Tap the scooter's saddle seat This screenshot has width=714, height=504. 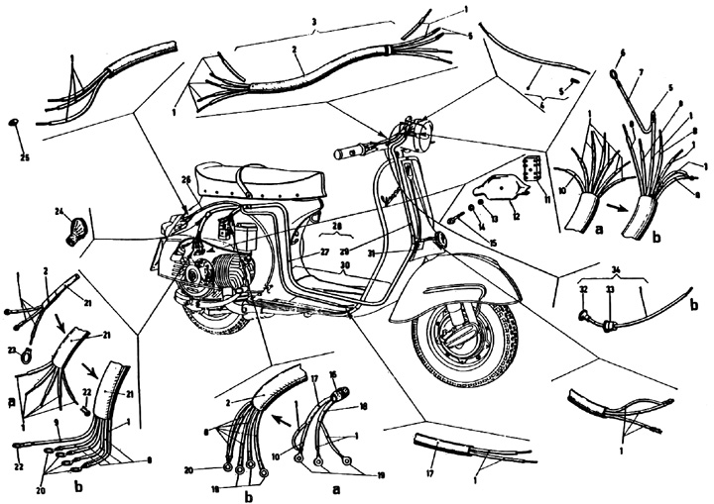tap(254, 178)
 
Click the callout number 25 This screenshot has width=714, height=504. tap(24, 157)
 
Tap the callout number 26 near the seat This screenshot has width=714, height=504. tap(184, 178)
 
